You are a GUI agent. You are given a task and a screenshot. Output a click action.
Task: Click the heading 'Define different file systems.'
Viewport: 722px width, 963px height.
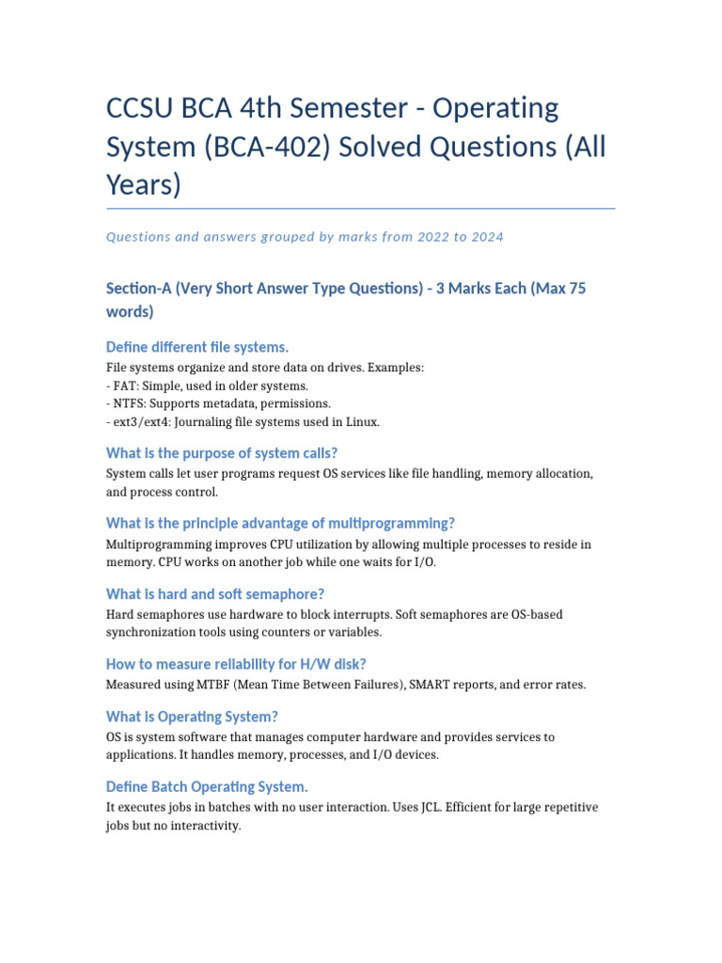click(x=197, y=347)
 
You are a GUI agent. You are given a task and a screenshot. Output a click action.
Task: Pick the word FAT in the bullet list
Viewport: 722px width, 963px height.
click(x=127, y=387)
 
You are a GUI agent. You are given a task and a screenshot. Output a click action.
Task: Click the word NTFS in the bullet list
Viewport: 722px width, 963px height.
click(x=132, y=404)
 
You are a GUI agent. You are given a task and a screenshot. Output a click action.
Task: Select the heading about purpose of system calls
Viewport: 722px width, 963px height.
click(x=222, y=452)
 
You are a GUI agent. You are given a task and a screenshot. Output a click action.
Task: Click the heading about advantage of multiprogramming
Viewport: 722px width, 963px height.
click(x=280, y=523)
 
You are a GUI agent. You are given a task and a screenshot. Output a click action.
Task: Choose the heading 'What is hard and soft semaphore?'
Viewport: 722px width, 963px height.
click(x=215, y=593)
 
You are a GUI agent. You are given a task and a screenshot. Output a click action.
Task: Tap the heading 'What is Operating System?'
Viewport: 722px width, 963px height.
click(x=192, y=717)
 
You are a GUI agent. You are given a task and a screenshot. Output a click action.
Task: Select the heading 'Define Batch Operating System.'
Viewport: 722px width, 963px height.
click(x=207, y=786)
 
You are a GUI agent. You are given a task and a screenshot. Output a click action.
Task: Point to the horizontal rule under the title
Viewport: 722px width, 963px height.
click(x=361, y=208)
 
